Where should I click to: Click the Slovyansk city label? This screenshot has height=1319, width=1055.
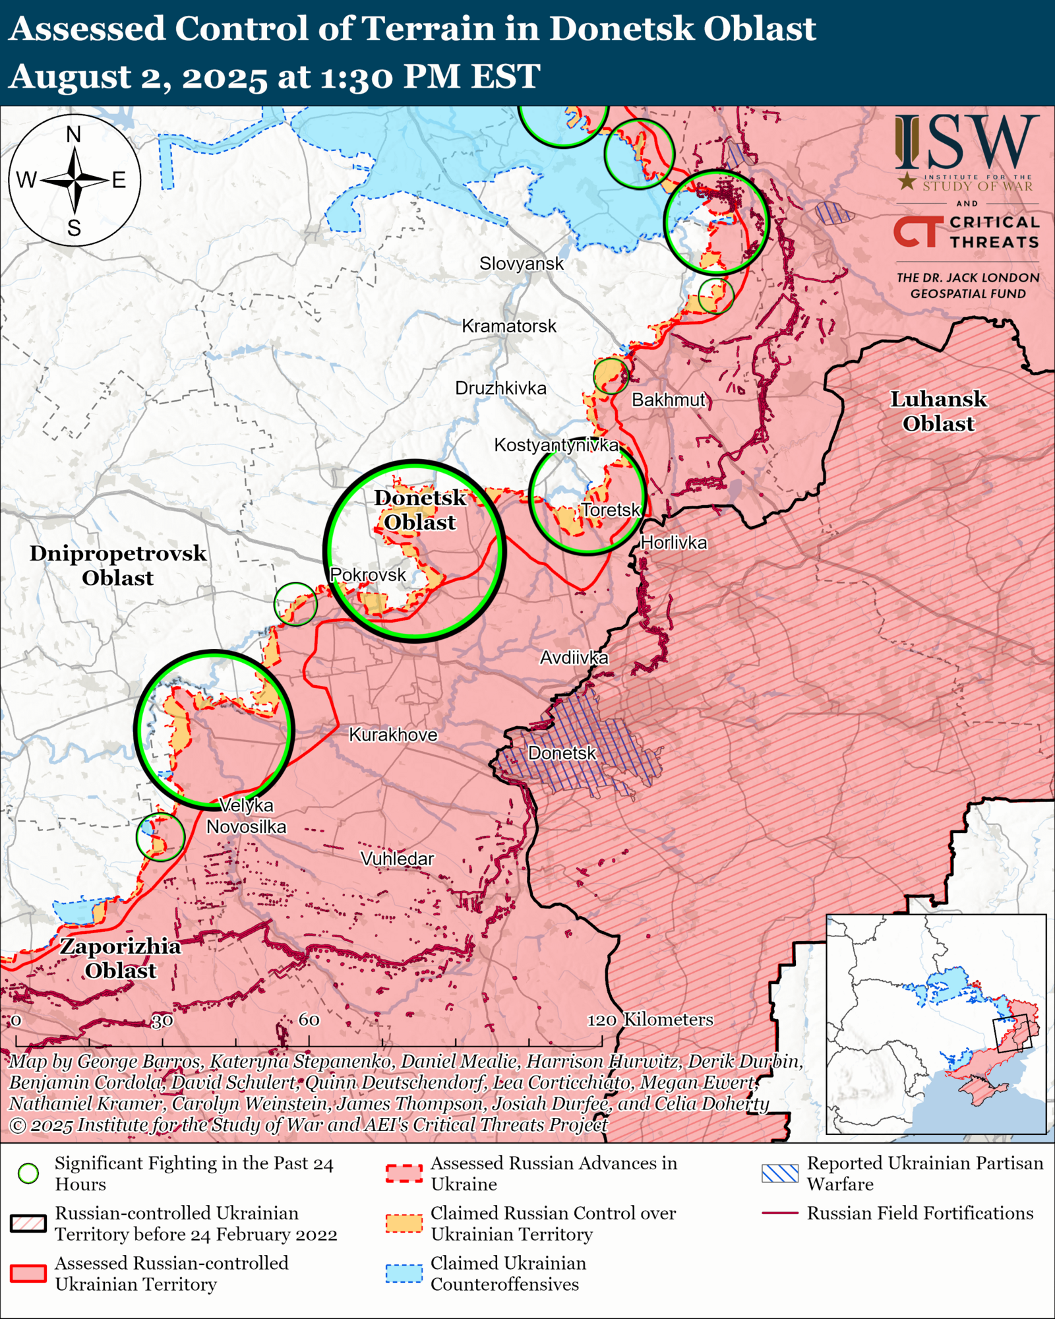(521, 264)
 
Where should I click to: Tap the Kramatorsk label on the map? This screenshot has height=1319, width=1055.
(508, 326)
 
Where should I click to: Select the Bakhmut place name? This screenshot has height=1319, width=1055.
(668, 400)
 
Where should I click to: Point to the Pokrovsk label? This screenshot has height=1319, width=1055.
(367, 575)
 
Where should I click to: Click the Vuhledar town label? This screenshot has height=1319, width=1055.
(397, 859)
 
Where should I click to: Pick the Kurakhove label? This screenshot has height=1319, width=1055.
(392, 735)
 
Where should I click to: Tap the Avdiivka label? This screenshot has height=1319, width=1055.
(574, 658)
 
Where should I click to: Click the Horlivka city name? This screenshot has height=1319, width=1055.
(673, 543)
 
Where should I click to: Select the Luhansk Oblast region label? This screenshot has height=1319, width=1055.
(938, 411)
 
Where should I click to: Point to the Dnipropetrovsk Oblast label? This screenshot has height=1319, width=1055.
(117, 565)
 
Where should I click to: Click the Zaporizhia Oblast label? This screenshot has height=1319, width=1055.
(120, 958)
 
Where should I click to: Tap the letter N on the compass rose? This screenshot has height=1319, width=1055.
(74, 135)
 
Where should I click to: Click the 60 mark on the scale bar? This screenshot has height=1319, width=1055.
(309, 1020)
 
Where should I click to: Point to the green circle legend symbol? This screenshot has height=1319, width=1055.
(28, 1173)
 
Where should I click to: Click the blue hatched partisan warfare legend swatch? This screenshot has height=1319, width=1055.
(779, 1173)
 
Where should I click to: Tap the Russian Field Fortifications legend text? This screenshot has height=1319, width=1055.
(920, 1213)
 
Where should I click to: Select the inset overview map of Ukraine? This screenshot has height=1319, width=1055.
(936, 1024)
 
